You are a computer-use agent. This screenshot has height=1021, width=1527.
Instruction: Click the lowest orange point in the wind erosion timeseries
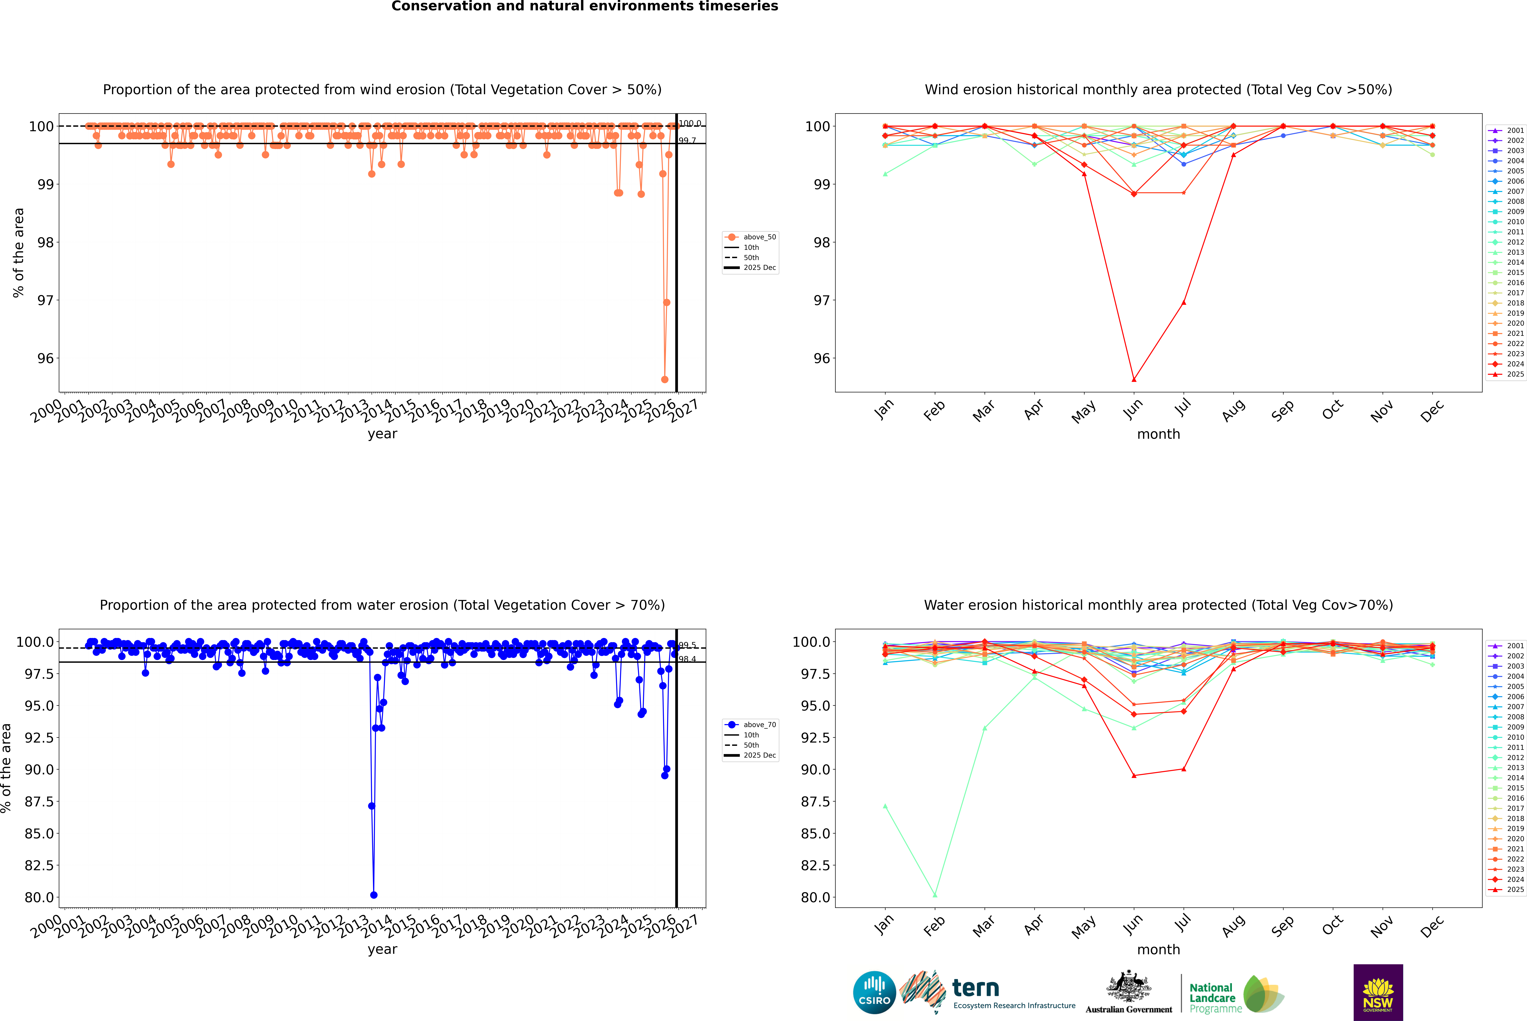click(x=665, y=379)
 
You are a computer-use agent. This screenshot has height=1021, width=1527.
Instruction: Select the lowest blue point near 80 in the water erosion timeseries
click(x=374, y=895)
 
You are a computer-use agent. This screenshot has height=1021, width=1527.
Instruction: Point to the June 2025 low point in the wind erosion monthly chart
click(x=1134, y=380)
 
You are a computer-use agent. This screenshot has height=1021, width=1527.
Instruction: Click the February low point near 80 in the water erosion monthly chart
click(x=935, y=895)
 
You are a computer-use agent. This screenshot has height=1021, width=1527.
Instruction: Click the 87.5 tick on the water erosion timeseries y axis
click(x=39, y=802)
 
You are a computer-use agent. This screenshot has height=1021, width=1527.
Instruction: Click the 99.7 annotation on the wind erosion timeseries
click(x=687, y=141)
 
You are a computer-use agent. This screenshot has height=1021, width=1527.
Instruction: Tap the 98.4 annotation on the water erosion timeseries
click(x=687, y=659)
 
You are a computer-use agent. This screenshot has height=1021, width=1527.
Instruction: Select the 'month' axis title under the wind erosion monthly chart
click(x=1158, y=434)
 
